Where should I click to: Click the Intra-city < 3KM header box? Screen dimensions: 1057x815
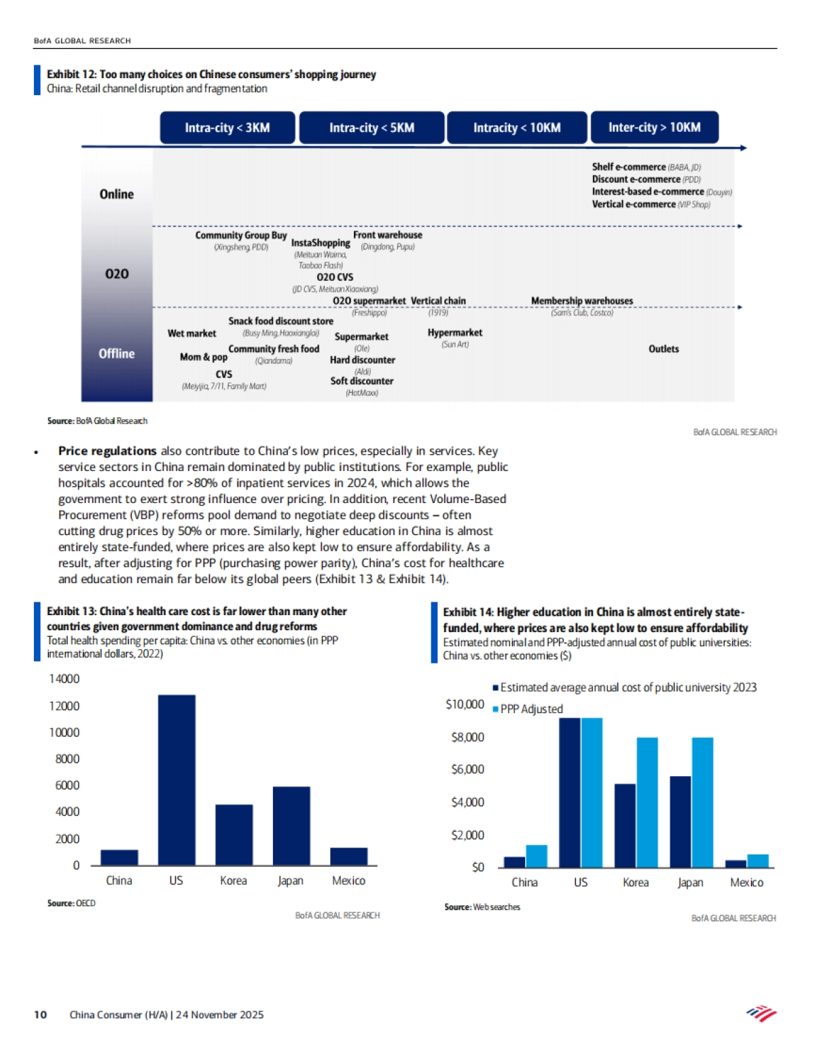[x=228, y=128]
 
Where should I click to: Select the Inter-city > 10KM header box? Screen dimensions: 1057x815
[x=654, y=127]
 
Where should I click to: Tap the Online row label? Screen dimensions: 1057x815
[x=117, y=194]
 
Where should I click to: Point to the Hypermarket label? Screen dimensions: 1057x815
[x=455, y=332]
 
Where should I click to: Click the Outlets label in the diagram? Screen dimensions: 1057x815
[x=664, y=349]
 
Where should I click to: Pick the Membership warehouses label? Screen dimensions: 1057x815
[x=582, y=300]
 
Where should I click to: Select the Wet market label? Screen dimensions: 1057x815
[x=192, y=333]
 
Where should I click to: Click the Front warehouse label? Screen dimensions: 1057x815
[x=388, y=235]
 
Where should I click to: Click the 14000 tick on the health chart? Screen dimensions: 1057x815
[x=65, y=678]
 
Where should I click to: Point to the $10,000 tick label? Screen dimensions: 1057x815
[x=465, y=704]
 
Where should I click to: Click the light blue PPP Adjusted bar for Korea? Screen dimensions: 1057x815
[x=647, y=802]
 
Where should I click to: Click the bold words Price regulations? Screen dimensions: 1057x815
[x=107, y=451]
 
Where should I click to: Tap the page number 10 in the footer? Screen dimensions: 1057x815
[x=41, y=1014]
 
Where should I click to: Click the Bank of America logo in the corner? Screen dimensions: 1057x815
[x=762, y=1014]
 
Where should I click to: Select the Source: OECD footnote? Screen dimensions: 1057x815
[x=71, y=903]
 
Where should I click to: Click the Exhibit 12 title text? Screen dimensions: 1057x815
[x=211, y=74]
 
